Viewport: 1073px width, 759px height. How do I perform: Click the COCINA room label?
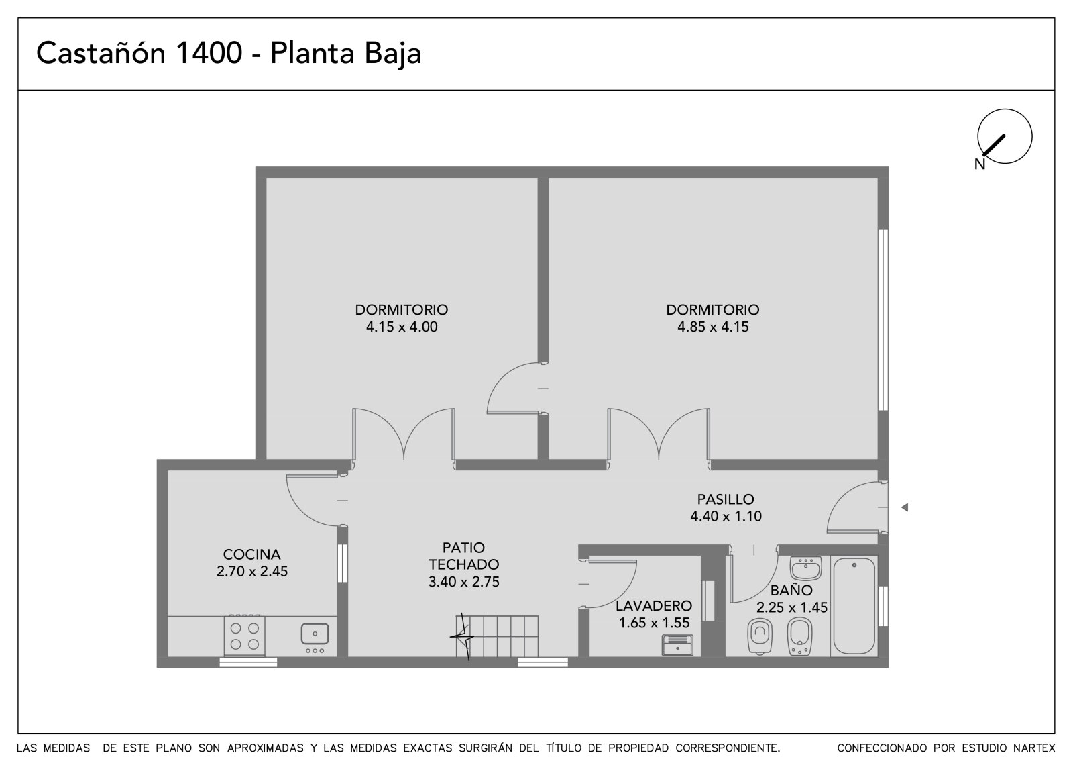click(x=251, y=555)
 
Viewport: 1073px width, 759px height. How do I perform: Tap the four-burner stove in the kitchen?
click(x=244, y=636)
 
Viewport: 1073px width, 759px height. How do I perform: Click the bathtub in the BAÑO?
click(x=854, y=605)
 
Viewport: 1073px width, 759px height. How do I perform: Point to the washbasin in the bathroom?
click(x=805, y=568)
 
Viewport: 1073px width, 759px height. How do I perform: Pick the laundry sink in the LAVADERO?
click(x=677, y=645)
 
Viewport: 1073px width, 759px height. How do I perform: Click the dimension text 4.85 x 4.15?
click(x=713, y=327)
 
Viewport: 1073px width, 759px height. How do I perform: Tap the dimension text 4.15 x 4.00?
click(x=402, y=327)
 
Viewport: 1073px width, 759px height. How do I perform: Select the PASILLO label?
click(x=726, y=499)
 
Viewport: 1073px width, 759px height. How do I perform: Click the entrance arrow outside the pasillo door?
click(x=905, y=507)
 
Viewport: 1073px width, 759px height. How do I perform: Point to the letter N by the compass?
click(x=980, y=164)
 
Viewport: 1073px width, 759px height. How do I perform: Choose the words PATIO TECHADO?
click(x=463, y=556)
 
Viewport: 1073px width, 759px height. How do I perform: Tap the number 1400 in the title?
click(x=209, y=53)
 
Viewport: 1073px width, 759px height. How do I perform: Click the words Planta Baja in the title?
click(x=346, y=54)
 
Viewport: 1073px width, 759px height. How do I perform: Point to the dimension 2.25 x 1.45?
click(x=792, y=608)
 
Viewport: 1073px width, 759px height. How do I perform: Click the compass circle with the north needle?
click(x=1005, y=136)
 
